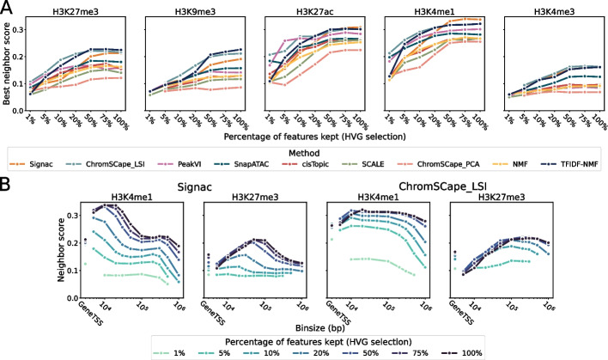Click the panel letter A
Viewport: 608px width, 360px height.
click(x=8, y=8)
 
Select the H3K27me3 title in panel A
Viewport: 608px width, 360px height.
click(x=92, y=9)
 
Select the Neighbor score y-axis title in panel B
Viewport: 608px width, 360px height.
click(x=10, y=253)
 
